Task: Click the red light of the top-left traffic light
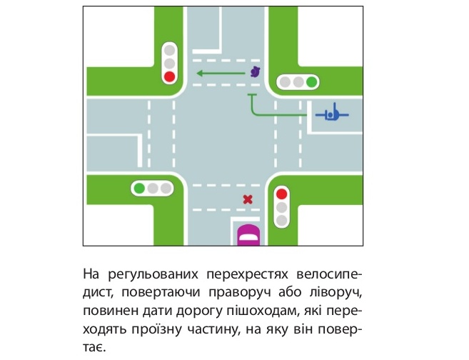[169, 76]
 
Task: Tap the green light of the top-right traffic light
[311, 81]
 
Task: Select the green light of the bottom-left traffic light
[139, 189]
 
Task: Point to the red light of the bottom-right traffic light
[281, 194]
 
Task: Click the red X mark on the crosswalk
[248, 199]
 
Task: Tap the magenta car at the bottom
[248, 235]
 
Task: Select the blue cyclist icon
[333, 114]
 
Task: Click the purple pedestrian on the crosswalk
[255, 72]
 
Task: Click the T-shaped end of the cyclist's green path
[252, 95]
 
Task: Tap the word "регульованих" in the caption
[153, 274]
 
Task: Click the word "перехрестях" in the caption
[247, 274]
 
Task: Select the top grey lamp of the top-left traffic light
[169, 50]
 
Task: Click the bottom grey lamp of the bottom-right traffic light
[281, 221]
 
